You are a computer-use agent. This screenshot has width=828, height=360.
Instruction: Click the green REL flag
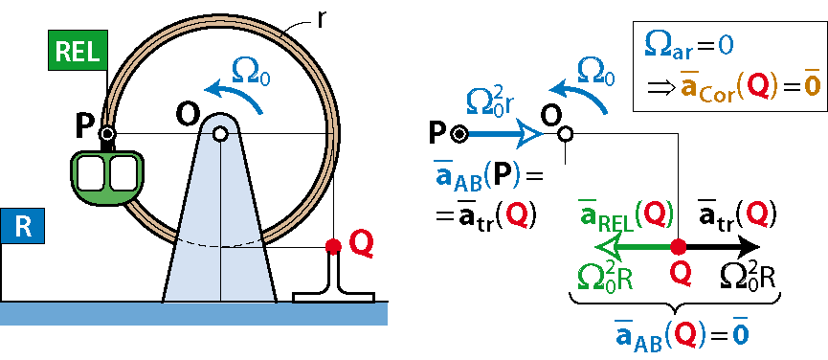click(x=78, y=50)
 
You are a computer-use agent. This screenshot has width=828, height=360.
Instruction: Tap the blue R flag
click(x=22, y=226)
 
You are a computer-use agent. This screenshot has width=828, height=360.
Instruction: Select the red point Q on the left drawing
click(x=333, y=246)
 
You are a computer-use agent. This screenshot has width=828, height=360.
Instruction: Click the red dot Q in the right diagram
click(x=678, y=246)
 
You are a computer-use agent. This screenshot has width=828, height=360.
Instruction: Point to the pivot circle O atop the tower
click(x=220, y=134)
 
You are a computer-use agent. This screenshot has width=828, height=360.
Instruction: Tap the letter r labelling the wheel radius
click(x=321, y=20)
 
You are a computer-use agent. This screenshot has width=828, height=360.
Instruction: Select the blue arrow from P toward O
click(x=504, y=135)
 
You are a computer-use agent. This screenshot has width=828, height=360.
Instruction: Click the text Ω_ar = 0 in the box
click(x=687, y=47)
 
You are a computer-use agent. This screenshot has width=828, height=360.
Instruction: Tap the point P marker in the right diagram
click(x=459, y=135)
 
